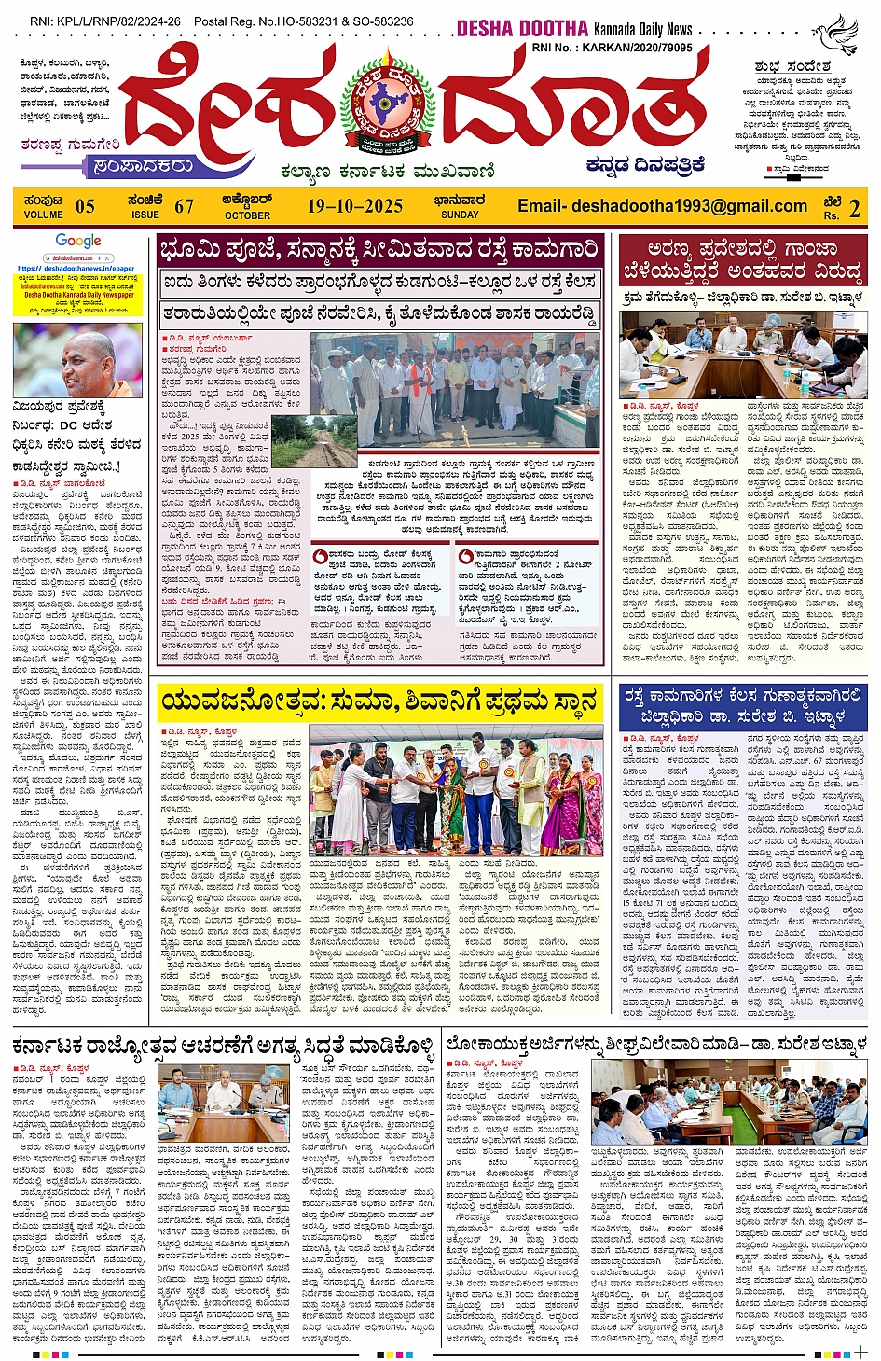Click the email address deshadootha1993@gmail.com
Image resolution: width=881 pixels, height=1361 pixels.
[662, 206]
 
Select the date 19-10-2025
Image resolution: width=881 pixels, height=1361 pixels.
[354, 206]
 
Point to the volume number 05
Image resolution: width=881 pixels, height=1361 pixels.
[85, 206]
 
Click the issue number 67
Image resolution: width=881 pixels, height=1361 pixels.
[184, 206]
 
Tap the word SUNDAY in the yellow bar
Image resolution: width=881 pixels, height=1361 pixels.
[460, 215]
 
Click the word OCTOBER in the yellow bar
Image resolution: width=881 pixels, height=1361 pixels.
[247, 215]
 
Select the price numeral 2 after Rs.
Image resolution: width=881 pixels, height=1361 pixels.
[854, 208]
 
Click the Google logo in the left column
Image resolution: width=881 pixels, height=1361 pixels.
[78, 242]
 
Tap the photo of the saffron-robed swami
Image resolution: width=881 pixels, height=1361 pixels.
[78, 360]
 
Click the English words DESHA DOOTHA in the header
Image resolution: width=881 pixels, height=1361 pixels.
[522, 29]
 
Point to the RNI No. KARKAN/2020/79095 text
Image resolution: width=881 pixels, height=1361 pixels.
[612, 48]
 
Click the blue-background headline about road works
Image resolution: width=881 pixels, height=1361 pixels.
[743, 707]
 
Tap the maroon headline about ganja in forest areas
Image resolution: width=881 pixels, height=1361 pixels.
[743, 260]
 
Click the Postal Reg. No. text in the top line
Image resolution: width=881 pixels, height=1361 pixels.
[304, 21]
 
